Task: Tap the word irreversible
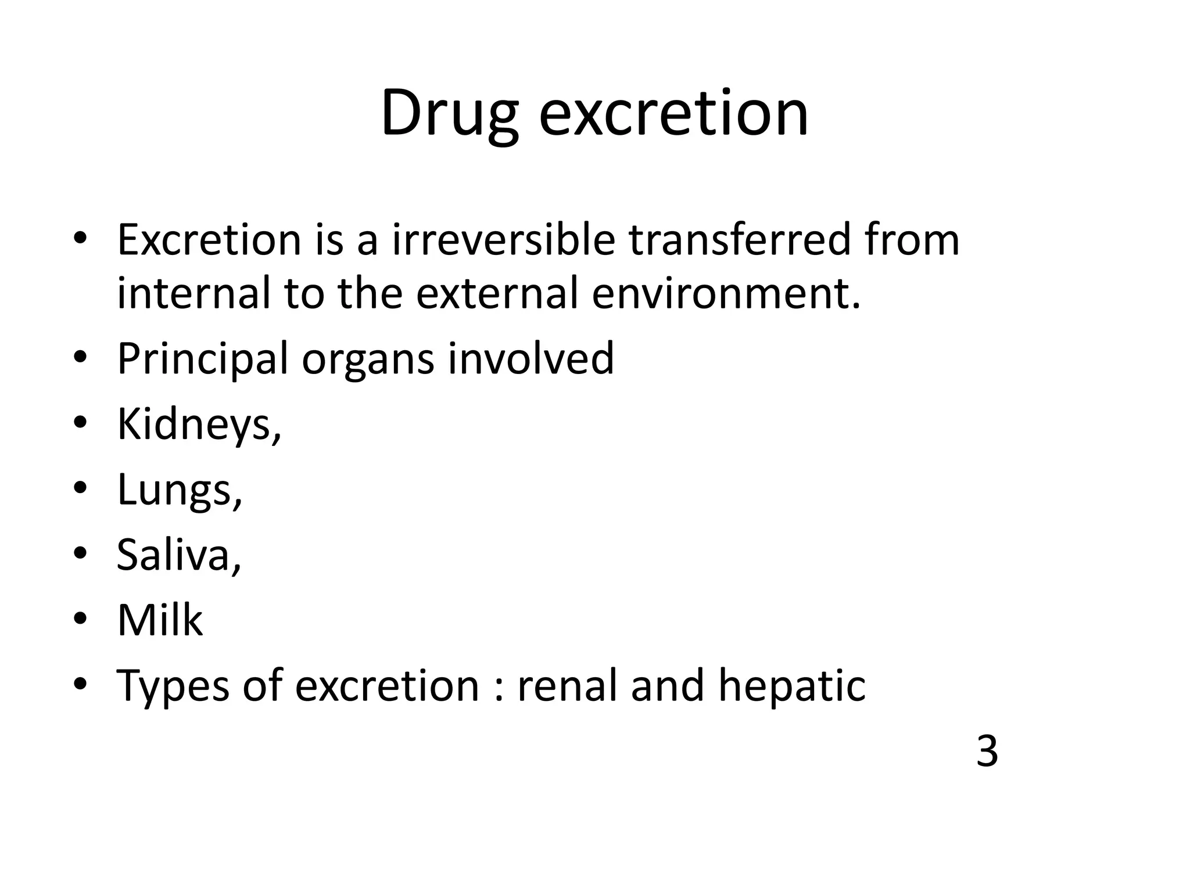click(x=503, y=240)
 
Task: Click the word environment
click(x=726, y=293)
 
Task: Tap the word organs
click(x=368, y=360)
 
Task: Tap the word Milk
click(x=160, y=620)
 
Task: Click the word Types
click(x=173, y=686)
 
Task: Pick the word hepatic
click(x=791, y=686)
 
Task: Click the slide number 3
click(x=987, y=751)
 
